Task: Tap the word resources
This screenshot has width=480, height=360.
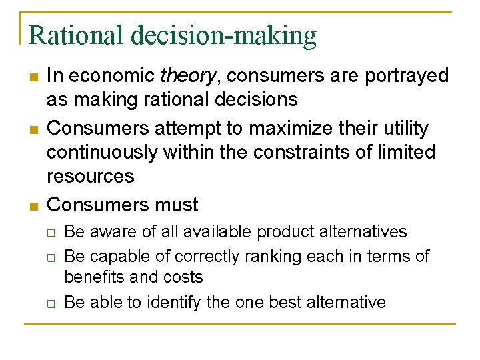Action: pos(90,177)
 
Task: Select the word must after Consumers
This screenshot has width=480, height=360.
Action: pos(175,204)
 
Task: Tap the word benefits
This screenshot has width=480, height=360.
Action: pos(93,277)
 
